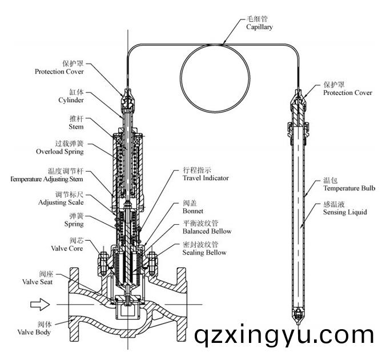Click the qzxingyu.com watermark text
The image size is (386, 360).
click(284, 335)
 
